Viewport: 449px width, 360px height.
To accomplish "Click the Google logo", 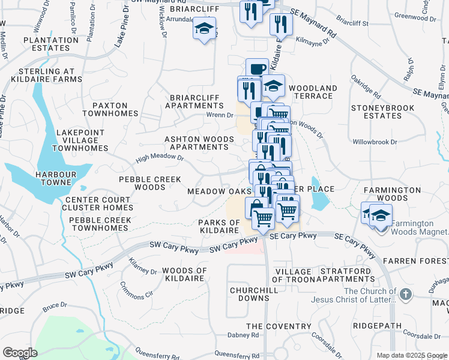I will pos(19,353).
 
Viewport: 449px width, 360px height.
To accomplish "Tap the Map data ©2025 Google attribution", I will pos(412,355).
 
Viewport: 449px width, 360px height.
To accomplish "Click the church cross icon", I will pos(406,295).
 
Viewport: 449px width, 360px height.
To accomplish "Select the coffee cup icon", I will pos(258,68).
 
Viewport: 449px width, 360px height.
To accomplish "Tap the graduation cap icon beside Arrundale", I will pos(204,28).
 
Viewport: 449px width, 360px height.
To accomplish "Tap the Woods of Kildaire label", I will pos(184,275).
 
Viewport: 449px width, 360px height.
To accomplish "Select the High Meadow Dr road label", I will pos(159,158).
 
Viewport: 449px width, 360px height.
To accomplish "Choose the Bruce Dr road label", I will pos(53,308).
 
